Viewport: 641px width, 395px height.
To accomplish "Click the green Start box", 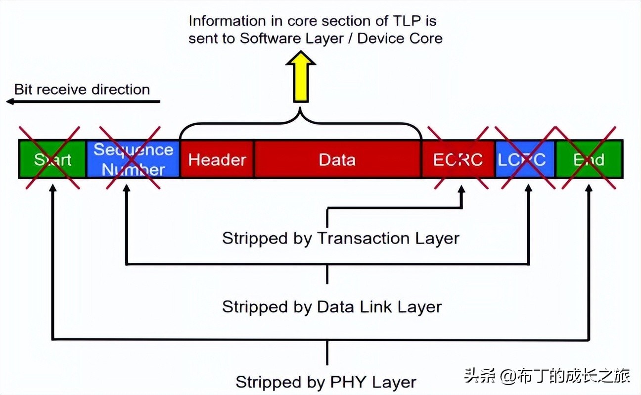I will point(52,159).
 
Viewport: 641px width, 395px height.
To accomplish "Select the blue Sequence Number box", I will point(133,159).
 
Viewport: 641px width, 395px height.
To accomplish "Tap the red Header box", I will point(217,159).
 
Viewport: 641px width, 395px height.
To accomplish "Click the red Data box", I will point(337,159).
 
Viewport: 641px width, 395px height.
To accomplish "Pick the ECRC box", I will point(458,159).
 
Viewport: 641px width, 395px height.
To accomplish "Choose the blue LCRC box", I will point(525,159).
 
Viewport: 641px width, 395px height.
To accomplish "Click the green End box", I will point(589,159).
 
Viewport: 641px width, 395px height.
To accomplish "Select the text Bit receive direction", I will point(82,90).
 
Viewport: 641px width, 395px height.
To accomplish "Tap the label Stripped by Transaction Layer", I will point(340,238).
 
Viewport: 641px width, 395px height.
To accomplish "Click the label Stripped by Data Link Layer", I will point(331,306).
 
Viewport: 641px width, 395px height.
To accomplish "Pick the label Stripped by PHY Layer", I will point(325,382).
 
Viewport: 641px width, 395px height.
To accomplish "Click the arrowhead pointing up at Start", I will point(52,189).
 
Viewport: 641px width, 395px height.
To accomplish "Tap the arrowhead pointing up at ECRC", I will point(461,190).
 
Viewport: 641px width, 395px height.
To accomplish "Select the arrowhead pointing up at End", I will point(589,189).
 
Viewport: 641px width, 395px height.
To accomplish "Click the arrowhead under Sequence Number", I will point(127,189).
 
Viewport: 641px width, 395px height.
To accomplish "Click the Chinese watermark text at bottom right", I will point(547,376).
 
